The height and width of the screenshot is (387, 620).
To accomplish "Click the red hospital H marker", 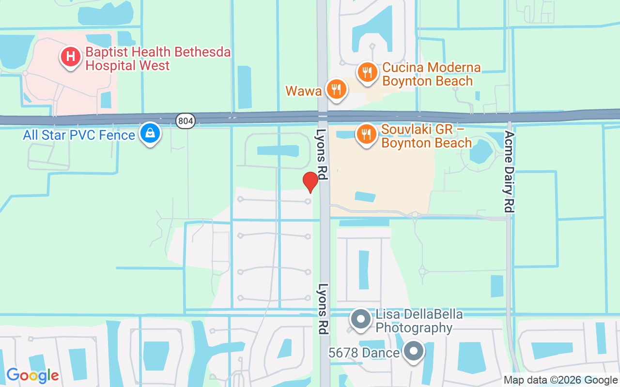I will [x=71, y=57].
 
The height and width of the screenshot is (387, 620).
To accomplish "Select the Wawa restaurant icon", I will [x=336, y=89].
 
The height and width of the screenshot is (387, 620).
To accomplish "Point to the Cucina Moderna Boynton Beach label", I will [x=431, y=74].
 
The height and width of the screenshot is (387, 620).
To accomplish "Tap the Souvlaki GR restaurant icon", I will [x=367, y=134].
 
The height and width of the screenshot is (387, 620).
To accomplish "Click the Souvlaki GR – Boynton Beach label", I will [x=426, y=136].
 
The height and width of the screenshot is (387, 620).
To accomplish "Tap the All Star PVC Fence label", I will [x=79, y=135].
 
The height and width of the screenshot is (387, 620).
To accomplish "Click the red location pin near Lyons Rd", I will [x=310, y=182].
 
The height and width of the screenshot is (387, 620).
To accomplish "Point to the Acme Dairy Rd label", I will [x=509, y=171].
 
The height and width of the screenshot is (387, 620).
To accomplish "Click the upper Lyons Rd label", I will [x=322, y=154].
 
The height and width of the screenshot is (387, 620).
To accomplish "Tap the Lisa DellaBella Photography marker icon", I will [x=361, y=320].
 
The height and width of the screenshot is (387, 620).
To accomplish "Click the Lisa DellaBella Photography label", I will [x=419, y=321].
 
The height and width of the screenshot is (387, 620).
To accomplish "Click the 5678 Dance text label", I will [x=364, y=353].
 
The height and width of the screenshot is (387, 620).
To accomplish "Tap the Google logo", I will [x=32, y=375].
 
